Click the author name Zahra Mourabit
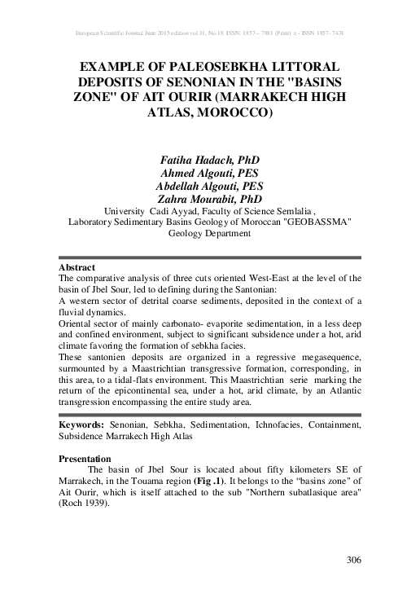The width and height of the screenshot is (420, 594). point(210,198)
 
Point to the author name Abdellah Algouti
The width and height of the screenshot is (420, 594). point(210,185)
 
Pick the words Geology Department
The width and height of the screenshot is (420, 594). point(209,233)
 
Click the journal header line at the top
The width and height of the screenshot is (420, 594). point(210,36)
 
